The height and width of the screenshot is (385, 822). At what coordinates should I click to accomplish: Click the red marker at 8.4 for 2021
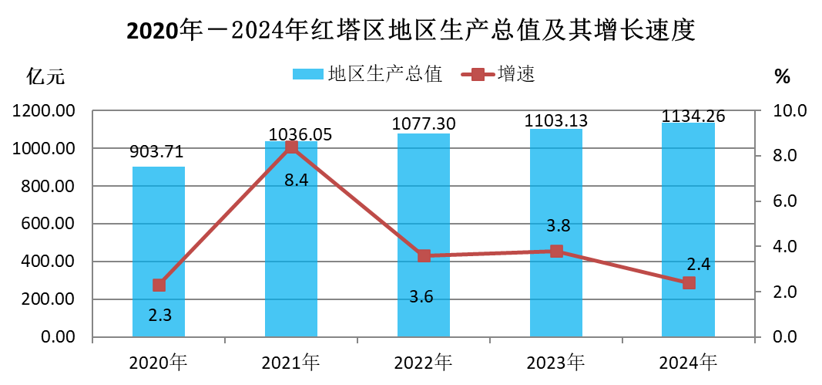pyautogui.click(x=291, y=147)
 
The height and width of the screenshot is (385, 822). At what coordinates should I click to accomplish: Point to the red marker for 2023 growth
pyautogui.click(x=556, y=251)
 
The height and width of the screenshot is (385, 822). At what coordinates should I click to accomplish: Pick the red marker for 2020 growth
pyautogui.click(x=159, y=285)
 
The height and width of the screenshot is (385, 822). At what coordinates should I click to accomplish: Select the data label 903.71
pyautogui.click(x=158, y=152)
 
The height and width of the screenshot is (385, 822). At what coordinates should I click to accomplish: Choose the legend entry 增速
pyautogui.click(x=498, y=74)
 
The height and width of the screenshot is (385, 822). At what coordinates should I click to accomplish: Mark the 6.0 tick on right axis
pyautogui.click(x=788, y=201)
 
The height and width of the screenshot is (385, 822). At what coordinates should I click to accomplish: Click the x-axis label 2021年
pyautogui.click(x=290, y=361)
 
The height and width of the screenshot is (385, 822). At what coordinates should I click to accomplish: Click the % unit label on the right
pyautogui.click(x=782, y=76)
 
